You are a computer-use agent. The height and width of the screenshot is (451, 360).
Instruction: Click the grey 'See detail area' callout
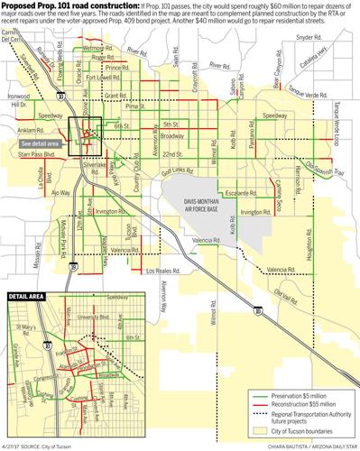[41, 143]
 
